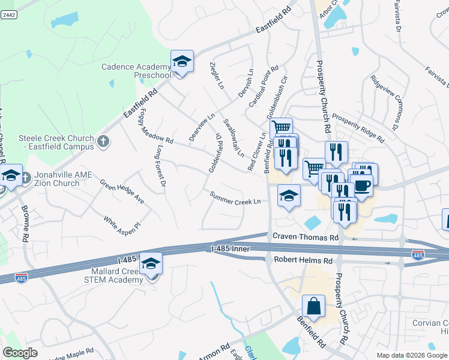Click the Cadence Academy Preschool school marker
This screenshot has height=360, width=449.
click(182, 62)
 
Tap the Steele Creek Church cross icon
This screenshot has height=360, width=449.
click(103, 142)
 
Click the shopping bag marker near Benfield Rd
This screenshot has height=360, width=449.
click(313, 307)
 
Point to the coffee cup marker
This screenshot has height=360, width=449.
click(363, 185)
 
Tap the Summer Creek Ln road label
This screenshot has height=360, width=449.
click(235, 199)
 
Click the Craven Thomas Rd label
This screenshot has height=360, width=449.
click(306, 238)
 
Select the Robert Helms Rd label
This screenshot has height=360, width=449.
click(303, 261)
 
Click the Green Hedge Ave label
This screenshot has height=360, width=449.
click(122, 191)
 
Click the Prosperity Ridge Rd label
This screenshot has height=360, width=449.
click(358, 128)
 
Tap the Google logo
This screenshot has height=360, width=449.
click(20, 353)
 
